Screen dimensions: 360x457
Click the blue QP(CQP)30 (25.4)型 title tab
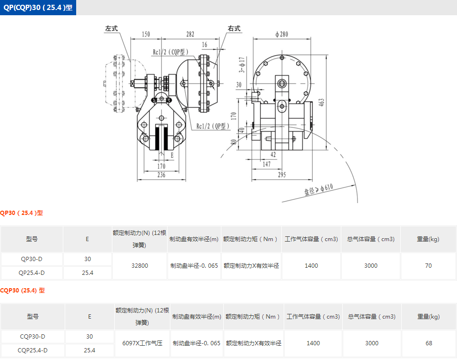(x=38, y=8)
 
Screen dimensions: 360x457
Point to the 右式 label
(x=234, y=29)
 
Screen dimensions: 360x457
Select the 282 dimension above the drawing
(x=190, y=34)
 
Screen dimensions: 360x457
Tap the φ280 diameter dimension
(x=282, y=34)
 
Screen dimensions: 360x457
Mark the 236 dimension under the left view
(x=161, y=175)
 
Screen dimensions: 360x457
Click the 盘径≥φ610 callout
(x=318, y=190)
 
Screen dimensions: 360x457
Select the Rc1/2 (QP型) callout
(x=213, y=126)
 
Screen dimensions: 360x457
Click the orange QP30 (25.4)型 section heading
(x=21, y=213)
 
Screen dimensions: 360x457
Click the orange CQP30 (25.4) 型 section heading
(x=22, y=290)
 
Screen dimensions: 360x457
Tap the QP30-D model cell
(x=32, y=259)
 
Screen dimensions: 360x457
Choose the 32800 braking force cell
(x=139, y=266)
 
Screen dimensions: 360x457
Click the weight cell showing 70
(x=428, y=266)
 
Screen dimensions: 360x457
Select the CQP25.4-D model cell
(x=33, y=350)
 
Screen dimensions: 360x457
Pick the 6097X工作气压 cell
(x=142, y=343)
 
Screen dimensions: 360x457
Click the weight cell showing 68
(x=429, y=343)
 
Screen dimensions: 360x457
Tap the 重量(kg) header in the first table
(x=428, y=239)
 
